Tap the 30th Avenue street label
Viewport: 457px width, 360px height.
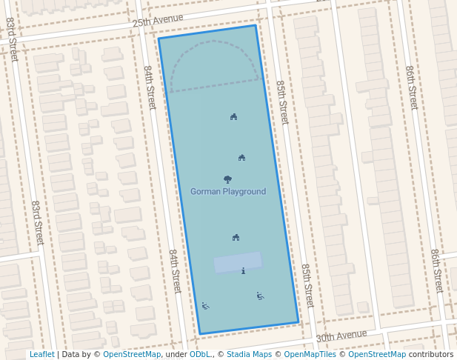pos(341,336)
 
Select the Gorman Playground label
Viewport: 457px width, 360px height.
pos(228,192)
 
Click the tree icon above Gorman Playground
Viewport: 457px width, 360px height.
pos(227,179)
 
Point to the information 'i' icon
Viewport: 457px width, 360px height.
pos(243,271)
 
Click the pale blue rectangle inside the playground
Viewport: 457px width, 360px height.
pos(238,262)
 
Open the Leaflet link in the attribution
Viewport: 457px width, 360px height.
pos(41,355)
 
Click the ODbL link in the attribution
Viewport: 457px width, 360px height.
pos(200,355)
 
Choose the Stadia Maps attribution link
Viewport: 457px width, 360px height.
pos(249,355)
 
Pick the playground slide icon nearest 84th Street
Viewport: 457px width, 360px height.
pos(205,305)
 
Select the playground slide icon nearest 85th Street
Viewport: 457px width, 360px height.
pos(260,296)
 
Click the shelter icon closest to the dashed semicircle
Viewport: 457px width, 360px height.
pos(233,116)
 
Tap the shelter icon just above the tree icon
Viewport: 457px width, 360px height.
pos(241,157)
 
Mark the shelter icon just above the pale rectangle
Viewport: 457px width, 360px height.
pos(236,237)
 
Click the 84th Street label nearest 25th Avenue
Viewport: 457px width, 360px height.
pos(150,87)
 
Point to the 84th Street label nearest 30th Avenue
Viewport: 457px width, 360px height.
pos(174,271)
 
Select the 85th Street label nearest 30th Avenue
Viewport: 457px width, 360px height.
pos(307,285)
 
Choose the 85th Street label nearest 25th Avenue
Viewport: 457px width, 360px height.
pos(281,102)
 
